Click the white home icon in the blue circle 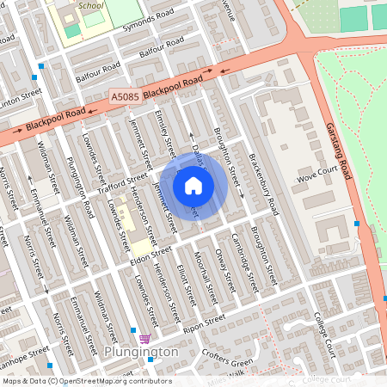pos(193,185)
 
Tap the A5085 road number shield pos(125,100)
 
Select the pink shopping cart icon pos(145,338)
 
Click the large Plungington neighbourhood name pos(141,352)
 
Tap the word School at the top pos(89,5)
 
